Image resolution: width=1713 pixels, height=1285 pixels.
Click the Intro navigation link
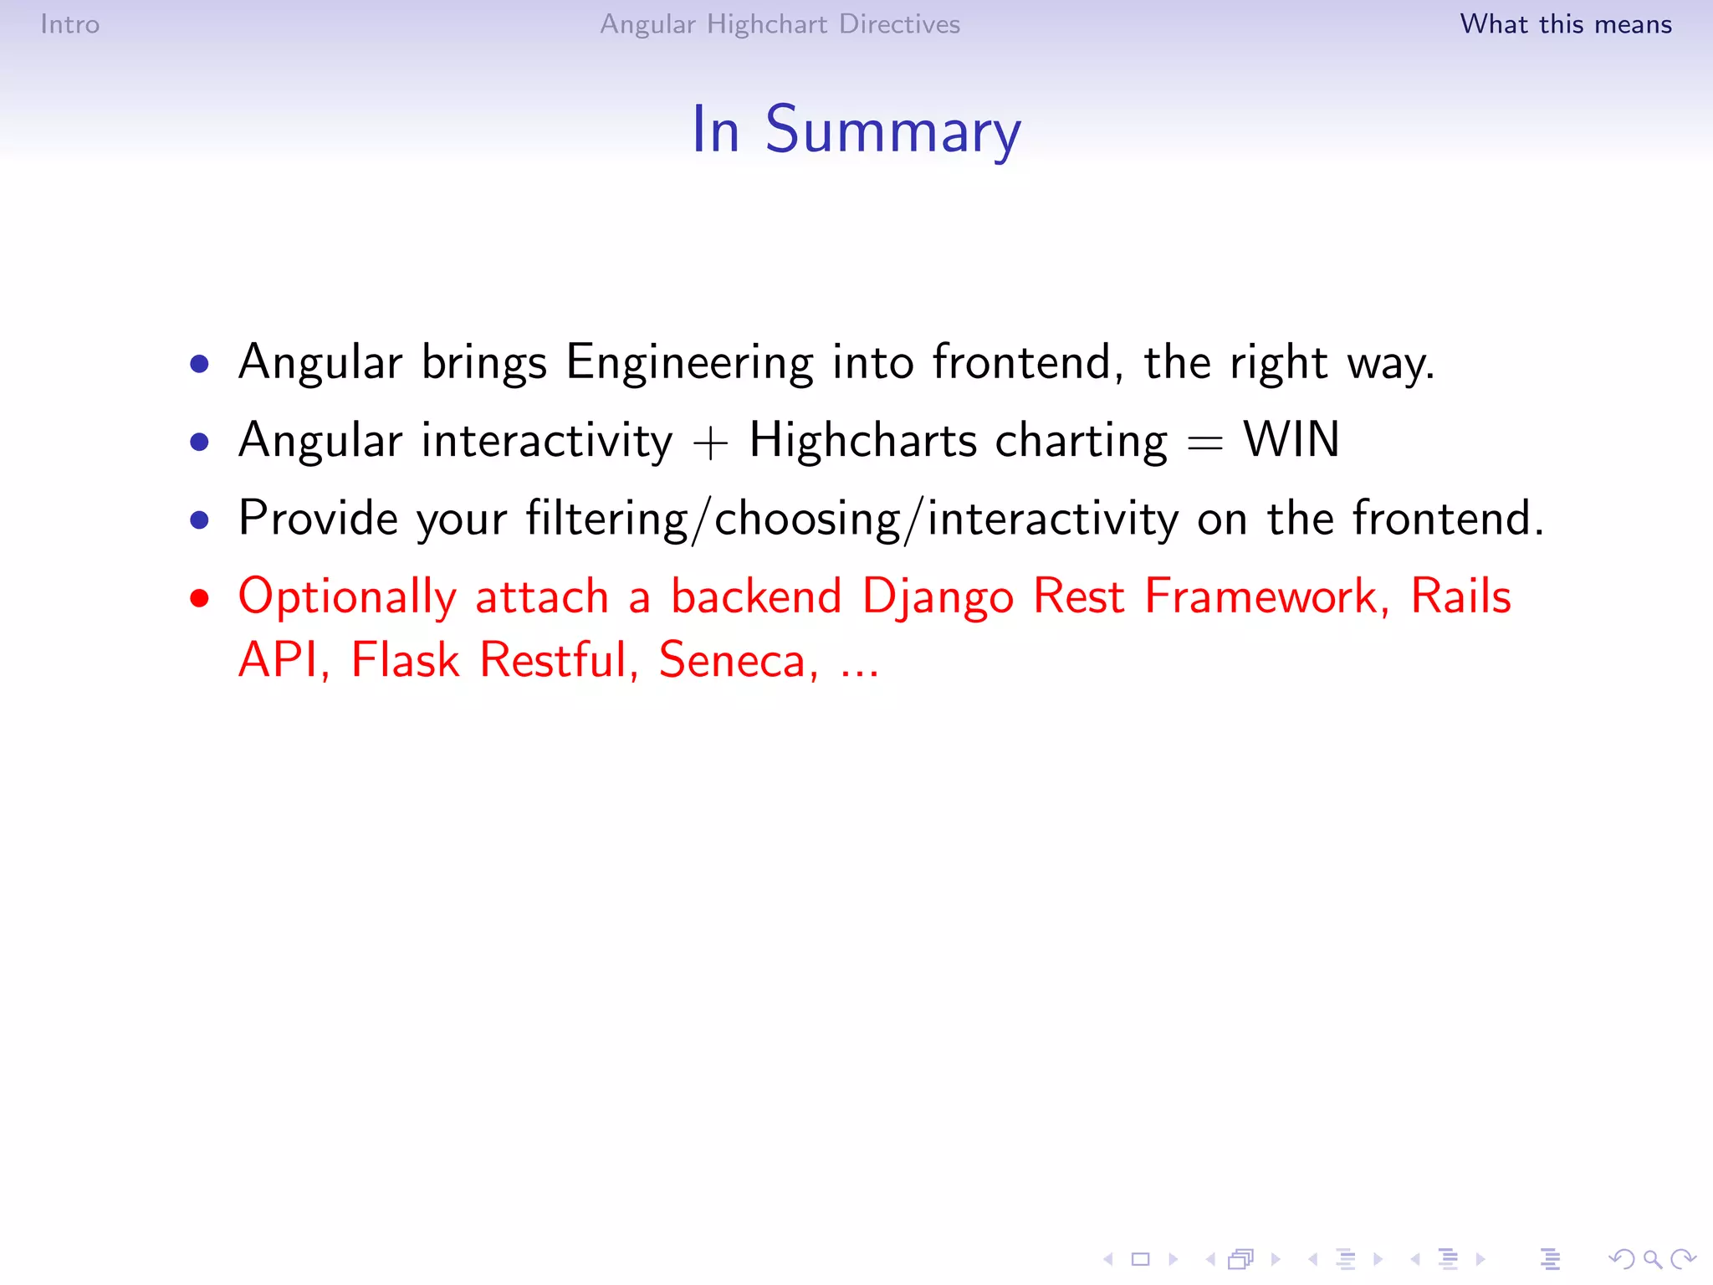pyautogui.click(x=69, y=24)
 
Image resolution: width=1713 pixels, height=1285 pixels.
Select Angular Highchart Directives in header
pyautogui.click(x=780, y=24)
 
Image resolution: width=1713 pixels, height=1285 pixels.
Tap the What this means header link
pyautogui.click(x=1565, y=24)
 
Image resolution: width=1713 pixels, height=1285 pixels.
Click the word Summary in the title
pyautogui.click(x=892, y=131)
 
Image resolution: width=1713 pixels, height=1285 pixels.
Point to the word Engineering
pyautogui.click(x=688, y=363)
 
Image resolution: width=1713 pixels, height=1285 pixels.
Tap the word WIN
pyautogui.click(x=1291, y=440)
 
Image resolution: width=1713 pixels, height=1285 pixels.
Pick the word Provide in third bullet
pyautogui.click(x=318, y=518)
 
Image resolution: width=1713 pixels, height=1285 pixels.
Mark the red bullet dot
pyautogui.click(x=199, y=598)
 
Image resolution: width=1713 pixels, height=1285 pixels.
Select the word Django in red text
pyautogui.click(x=938, y=598)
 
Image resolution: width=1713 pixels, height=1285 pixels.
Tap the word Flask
pyautogui.click(x=405, y=660)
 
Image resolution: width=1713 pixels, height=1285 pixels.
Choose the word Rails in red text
pyautogui.click(x=1460, y=596)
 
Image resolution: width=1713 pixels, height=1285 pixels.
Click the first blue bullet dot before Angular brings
pyautogui.click(x=199, y=364)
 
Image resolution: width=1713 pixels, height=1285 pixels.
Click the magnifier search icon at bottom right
pyautogui.click(x=1652, y=1259)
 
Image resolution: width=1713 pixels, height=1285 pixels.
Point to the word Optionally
pyautogui.click(x=347, y=598)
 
